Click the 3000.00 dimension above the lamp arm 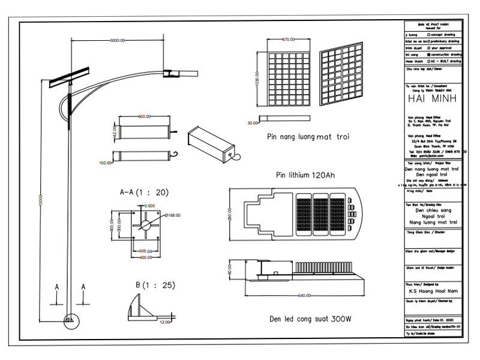[117, 40]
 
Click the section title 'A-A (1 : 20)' [144, 193]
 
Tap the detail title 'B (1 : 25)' [155, 285]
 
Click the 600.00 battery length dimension [144, 116]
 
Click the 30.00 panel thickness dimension [252, 122]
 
